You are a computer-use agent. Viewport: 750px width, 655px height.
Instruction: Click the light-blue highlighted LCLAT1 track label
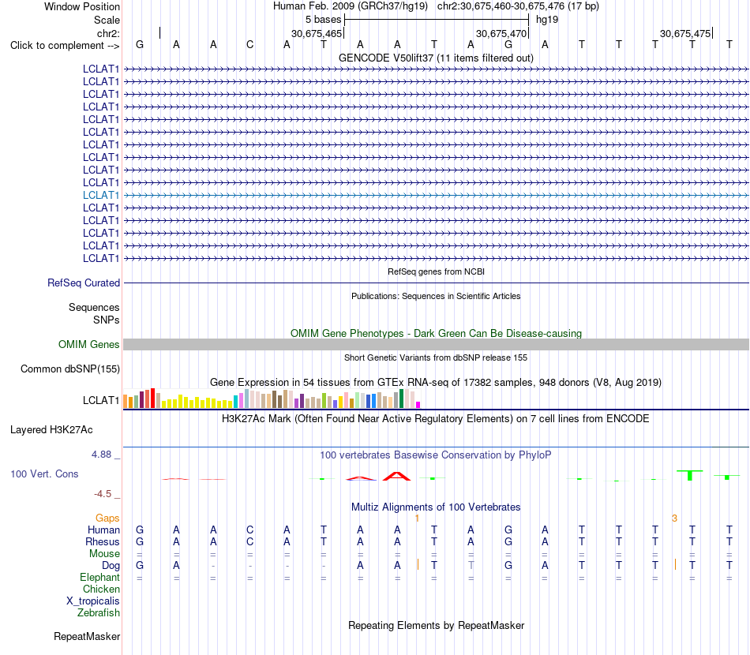pyautogui.click(x=101, y=195)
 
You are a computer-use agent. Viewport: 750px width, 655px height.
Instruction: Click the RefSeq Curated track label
pyautogui.click(x=84, y=283)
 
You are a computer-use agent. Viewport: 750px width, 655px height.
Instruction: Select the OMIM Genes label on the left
pyautogui.click(x=89, y=344)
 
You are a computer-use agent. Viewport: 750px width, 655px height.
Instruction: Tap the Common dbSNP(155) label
pyautogui.click(x=70, y=369)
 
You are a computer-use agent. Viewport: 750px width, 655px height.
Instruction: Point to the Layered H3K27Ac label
pyautogui.click(x=51, y=430)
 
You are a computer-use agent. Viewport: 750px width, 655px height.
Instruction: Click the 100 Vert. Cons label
pyautogui.click(x=44, y=473)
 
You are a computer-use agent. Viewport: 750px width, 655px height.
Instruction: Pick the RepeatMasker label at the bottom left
pyautogui.click(x=87, y=636)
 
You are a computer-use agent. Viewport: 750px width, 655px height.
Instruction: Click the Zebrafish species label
pyautogui.click(x=99, y=613)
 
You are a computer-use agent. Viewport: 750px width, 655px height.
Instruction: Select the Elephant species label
pyautogui.click(x=100, y=578)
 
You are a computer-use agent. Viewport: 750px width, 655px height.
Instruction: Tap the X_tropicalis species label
pyautogui.click(x=93, y=601)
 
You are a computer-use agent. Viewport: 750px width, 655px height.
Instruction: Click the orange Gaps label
pyautogui.click(x=107, y=518)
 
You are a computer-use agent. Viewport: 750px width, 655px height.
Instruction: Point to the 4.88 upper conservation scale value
pyautogui.click(x=102, y=455)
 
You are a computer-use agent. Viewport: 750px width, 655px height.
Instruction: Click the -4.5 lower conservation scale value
pyautogui.click(x=103, y=494)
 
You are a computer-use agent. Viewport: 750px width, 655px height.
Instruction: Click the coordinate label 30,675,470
pyautogui.click(x=501, y=33)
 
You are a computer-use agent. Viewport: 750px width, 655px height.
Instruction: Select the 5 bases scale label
pyautogui.click(x=324, y=20)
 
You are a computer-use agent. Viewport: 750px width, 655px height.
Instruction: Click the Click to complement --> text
pyautogui.click(x=65, y=46)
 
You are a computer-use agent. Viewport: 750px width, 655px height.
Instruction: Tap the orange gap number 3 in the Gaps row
pyautogui.click(x=674, y=518)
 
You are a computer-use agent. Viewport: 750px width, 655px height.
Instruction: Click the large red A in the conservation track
pyautogui.click(x=396, y=476)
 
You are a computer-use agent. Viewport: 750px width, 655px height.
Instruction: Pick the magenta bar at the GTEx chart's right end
pyautogui.click(x=418, y=405)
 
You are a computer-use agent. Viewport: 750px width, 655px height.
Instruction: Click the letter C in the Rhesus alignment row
pyautogui.click(x=249, y=541)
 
